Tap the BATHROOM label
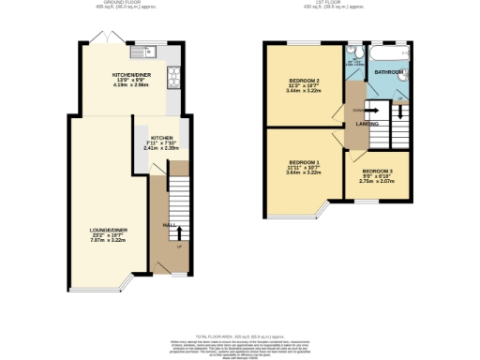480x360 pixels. [x=389, y=71]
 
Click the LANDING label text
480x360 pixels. [x=367, y=123]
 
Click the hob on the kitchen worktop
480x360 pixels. [x=172, y=75]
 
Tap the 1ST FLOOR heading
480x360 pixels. [x=325, y=4]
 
